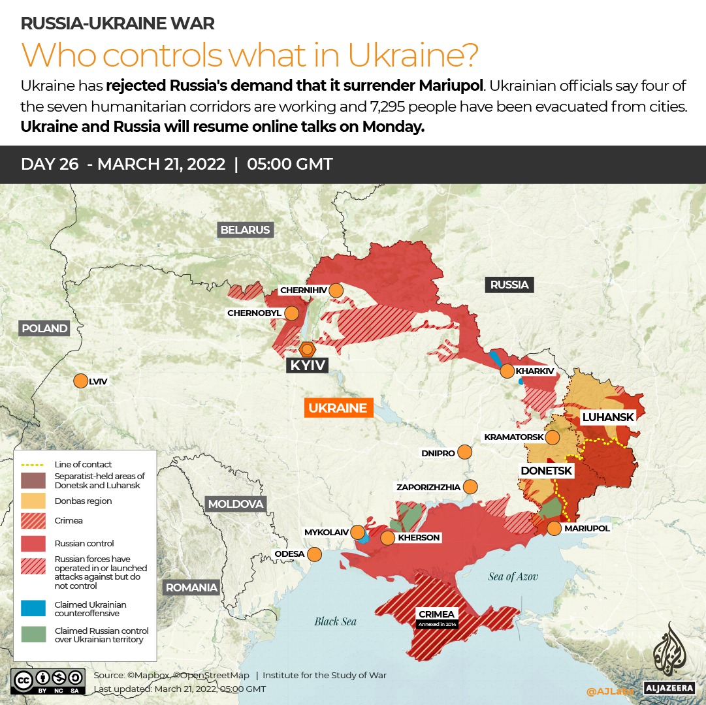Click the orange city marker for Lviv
[81, 381]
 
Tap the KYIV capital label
[307, 366]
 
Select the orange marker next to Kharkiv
[507, 371]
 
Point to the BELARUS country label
[245, 230]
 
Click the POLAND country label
[44, 328]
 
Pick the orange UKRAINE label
[338, 408]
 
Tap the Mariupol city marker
[554, 528]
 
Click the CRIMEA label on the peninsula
[437, 614]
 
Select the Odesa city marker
[314, 554]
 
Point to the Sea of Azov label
[512, 576]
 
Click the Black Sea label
[335, 621]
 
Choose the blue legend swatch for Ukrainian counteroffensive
[33, 608]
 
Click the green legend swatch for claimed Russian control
[33, 634]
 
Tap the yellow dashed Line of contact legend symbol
[33, 464]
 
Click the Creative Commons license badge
[48, 680]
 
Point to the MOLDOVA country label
[235, 504]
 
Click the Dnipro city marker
[465, 452]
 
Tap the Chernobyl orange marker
[291, 313]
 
